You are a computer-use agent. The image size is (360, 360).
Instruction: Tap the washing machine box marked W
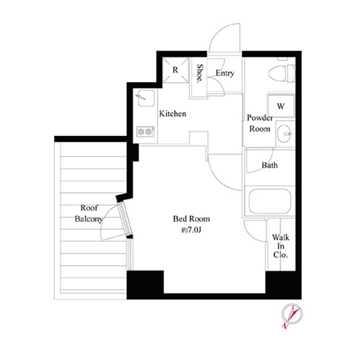[281, 106]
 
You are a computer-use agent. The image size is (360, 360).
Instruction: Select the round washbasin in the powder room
[284, 134]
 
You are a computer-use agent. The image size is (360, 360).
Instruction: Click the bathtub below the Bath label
[270, 201]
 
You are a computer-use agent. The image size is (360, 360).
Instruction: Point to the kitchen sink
[146, 98]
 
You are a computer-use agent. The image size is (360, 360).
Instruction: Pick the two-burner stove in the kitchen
[145, 132]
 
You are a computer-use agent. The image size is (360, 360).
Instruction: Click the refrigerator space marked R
[176, 70]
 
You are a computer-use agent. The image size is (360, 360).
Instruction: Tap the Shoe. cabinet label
[199, 73]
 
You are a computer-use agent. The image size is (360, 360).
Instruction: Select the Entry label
[225, 73]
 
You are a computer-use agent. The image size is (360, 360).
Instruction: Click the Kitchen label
[173, 114]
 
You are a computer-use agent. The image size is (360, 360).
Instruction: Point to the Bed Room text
[192, 219]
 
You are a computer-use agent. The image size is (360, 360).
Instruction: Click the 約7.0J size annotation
[191, 230]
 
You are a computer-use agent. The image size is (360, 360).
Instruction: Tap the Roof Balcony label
[89, 213]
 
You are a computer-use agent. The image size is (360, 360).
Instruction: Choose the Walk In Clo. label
[281, 246]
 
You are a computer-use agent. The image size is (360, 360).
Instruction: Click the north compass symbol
[292, 315]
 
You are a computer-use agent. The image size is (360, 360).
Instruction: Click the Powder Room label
[260, 123]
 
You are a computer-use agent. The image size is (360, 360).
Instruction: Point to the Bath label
[269, 165]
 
